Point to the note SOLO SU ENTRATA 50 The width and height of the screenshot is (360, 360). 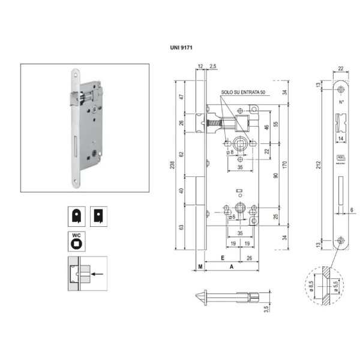243,93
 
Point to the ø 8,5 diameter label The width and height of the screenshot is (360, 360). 311,286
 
